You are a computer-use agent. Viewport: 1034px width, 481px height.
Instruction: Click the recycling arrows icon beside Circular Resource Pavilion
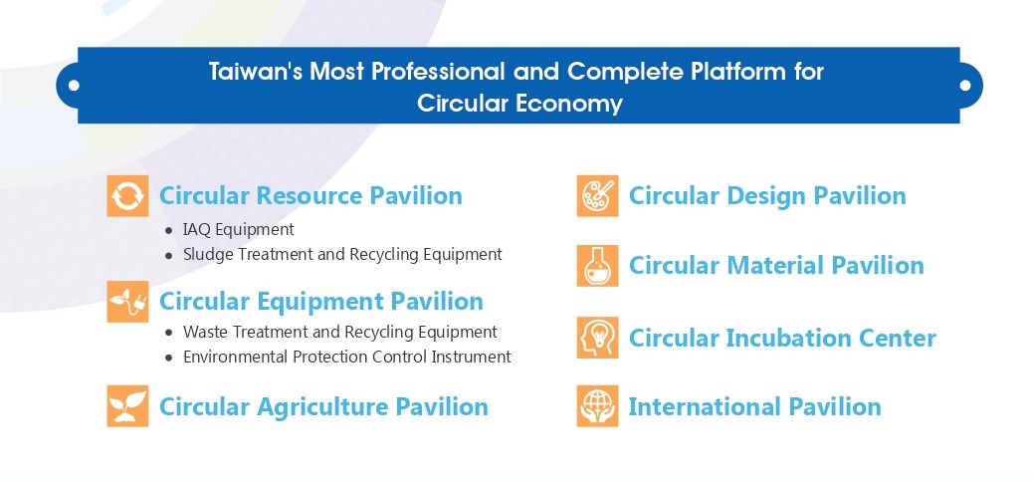pos(128,196)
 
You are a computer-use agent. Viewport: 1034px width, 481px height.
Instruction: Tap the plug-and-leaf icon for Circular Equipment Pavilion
pos(128,302)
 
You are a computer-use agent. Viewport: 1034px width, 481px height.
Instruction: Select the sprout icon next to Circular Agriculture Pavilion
pos(128,406)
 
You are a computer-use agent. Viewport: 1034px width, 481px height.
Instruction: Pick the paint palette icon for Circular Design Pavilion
pos(597,196)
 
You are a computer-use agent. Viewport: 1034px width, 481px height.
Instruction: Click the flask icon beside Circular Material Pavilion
pos(597,266)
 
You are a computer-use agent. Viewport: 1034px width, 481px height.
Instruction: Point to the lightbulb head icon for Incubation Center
pos(597,338)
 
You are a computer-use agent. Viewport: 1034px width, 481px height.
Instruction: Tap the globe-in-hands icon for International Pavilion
pos(597,406)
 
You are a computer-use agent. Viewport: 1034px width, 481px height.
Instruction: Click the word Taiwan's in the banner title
pos(256,72)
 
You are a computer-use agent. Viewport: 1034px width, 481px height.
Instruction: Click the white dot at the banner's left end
pos(74,85)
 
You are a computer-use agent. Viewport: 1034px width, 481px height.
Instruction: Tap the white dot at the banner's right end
pos(964,85)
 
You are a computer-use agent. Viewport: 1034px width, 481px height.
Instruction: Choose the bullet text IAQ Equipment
pos(239,230)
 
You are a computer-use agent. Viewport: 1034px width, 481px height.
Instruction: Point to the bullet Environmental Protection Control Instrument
pos(347,357)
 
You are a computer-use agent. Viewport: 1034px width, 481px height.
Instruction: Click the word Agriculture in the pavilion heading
pos(322,406)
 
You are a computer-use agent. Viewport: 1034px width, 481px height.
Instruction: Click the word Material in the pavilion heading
pos(775,266)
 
